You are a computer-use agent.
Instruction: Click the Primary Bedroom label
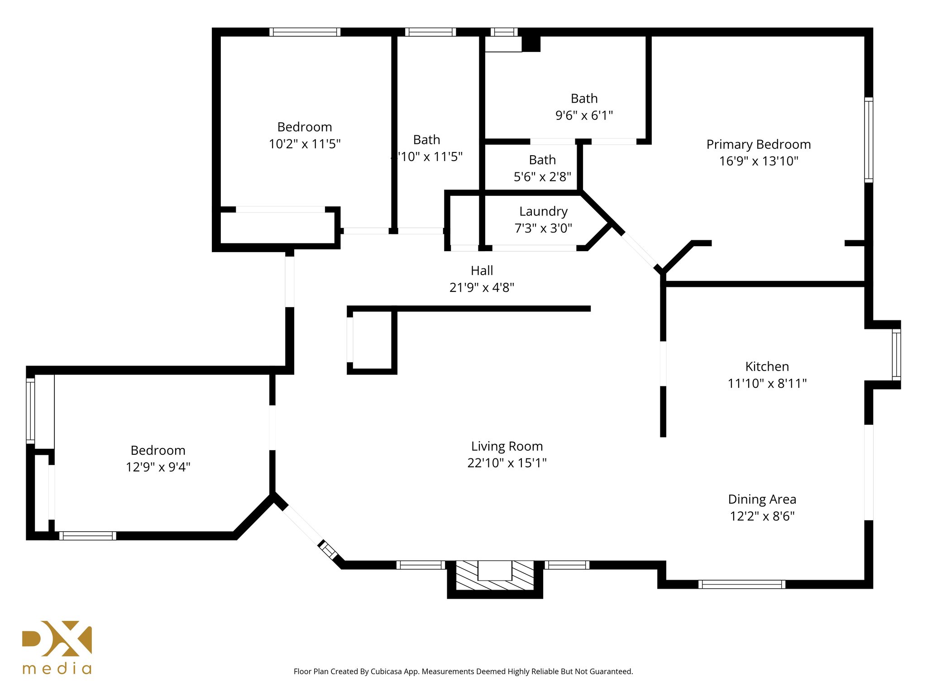point(758,144)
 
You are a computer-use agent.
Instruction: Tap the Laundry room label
point(543,211)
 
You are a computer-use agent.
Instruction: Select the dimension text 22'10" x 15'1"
point(507,463)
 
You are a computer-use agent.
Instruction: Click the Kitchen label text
point(767,367)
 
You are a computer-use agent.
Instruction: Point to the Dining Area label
point(762,499)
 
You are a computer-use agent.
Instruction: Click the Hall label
point(482,271)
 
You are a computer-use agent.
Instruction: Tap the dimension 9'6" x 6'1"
point(584,115)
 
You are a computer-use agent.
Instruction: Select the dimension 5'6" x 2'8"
point(542,177)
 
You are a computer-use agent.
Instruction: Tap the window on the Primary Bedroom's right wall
point(868,140)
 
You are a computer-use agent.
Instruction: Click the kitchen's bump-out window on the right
point(896,354)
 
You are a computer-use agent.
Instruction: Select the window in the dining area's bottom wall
point(741,584)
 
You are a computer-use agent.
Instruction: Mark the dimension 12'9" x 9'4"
point(158,467)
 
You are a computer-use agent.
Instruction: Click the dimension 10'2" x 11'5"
point(305,144)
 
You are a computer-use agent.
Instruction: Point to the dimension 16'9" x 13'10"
point(759,161)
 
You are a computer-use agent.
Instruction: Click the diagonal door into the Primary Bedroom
point(639,250)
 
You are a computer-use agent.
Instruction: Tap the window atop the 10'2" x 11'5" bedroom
point(305,32)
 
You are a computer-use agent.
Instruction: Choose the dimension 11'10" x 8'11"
point(767,383)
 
